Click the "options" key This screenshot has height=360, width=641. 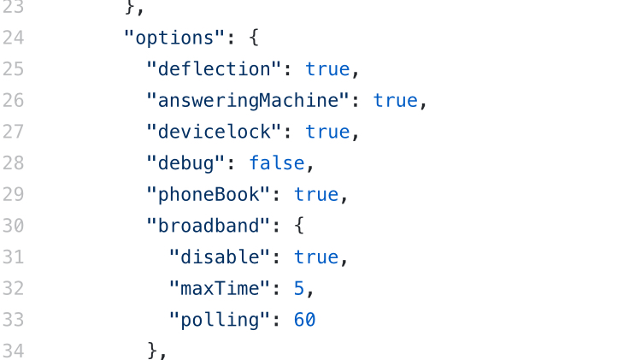(177, 38)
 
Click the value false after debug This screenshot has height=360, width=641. (277, 162)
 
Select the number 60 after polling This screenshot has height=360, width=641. (305, 320)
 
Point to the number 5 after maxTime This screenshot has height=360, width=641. (299, 288)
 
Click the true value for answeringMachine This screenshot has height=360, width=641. (395, 101)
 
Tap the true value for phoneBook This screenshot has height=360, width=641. (316, 194)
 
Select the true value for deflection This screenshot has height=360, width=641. (327, 69)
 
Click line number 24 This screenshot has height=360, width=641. (13, 38)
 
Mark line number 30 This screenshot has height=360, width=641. (13, 226)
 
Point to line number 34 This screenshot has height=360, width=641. (13, 351)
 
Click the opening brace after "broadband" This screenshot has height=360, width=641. (299, 226)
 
